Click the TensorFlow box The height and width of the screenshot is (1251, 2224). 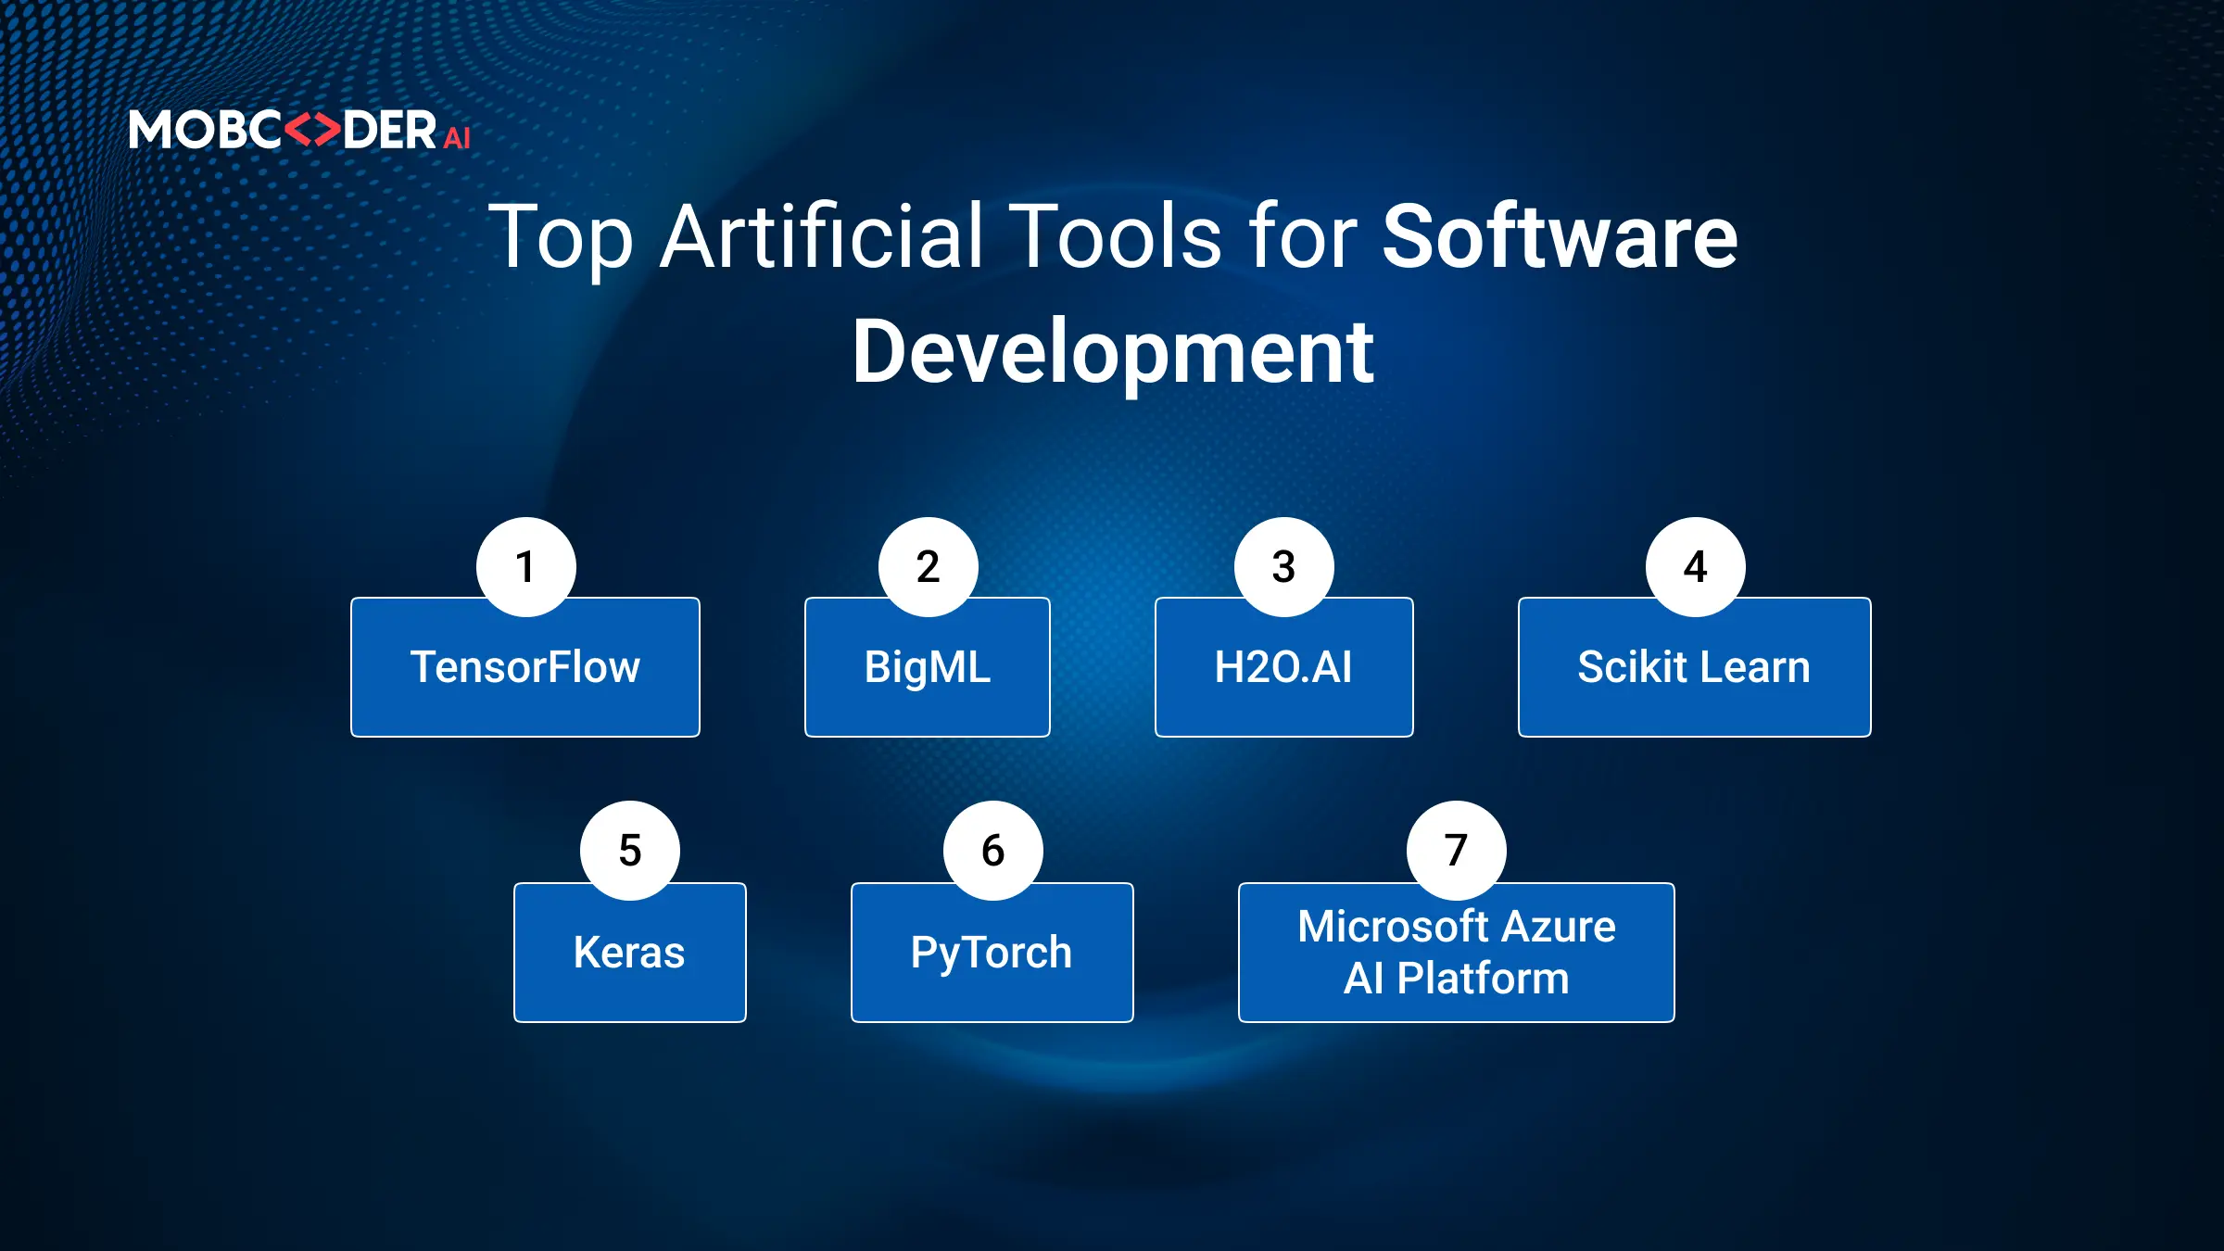click(x=525, y=676)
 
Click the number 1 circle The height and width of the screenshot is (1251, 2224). click(x=526, y=567)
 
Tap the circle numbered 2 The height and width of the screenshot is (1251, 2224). click(x=929, y=567)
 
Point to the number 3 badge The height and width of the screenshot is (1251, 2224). click(x=1284, y=567)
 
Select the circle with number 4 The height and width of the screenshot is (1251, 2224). click(x=1696, y=567)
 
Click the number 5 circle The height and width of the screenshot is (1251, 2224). click(x=630, y=851)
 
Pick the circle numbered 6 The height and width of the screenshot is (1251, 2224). click(x=993, y=851)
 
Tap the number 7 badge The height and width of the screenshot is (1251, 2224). click(x=1457, y=851)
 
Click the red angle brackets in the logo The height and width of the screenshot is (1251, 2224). click(x=311, y=130)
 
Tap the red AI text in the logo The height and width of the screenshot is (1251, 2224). click(x=457, y=138)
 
